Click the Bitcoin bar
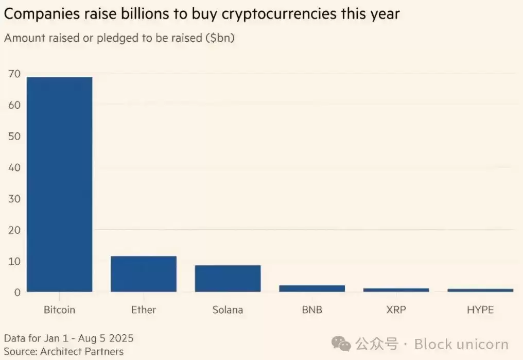click(59, 184)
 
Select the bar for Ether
click(144, 274)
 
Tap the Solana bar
click(228, 279)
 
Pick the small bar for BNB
click(312, 288)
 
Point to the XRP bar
click(396, 290)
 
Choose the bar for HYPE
click(480, 290)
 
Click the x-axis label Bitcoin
click(59, 310)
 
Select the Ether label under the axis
click(144, 310)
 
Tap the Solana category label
click(228, 310)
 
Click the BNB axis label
click(312, 310)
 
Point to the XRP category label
click(396, 310)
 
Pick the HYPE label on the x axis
click(480, 310)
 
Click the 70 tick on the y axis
click(14, 74)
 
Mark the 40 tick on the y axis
click(14, 167)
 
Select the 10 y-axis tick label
click(14, 261)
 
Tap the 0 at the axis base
click(17, 292)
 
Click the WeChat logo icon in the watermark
click(342, 343)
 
